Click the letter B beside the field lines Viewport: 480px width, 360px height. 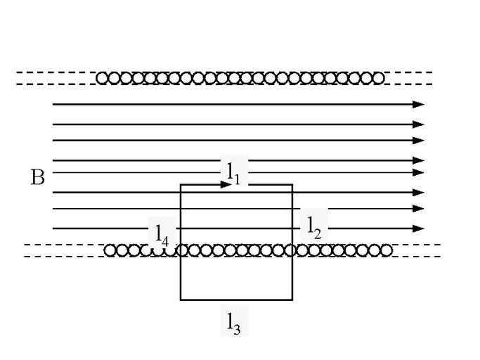pos(37,177)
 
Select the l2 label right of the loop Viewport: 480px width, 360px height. pos(313,226)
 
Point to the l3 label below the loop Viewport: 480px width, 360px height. pos(233,322)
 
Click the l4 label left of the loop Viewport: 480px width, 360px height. pos(161,233)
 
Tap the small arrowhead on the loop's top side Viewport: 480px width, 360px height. pos(226,184)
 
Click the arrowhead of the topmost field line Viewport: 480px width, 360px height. pos(419,104)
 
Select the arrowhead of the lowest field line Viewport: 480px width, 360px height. pos(419,229)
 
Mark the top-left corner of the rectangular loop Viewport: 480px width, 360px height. pos(181,184)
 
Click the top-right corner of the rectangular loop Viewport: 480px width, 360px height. pos(292,184)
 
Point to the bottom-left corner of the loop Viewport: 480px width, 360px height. pos(181,300)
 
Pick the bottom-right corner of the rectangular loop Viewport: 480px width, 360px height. pos(292,300)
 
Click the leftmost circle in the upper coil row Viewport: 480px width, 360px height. pos(102,78)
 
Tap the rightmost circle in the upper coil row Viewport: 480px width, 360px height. pos(379,78)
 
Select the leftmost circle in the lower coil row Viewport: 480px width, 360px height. pos(110,250)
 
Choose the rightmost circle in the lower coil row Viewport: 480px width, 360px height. pos(386,250)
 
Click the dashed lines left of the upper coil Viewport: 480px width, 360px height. pos(55,78)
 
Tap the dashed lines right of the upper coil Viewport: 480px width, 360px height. pos(409,78)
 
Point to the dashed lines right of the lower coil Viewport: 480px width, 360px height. pos(417,250)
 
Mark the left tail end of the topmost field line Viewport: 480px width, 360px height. pos(53,104)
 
